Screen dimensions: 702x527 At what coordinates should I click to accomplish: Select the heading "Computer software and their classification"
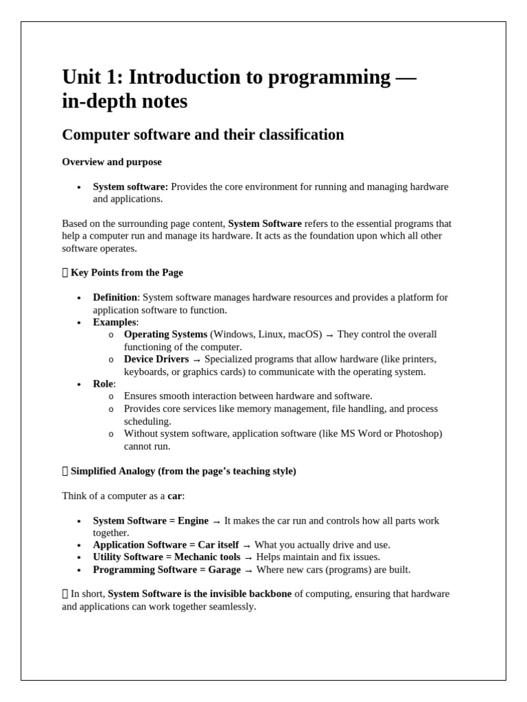click(202, 134)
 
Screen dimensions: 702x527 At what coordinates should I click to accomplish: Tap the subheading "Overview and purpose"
click(112, 162)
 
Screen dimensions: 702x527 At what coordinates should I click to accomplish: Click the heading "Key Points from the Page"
click(126, 272)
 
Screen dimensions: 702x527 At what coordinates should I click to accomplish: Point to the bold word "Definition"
click(115, 298)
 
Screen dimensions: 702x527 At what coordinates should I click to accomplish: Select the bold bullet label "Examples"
click(115, 322)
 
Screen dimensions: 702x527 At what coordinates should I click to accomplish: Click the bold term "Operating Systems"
click(165, 335)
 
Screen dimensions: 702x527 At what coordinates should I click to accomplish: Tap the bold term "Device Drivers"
click(156, 359)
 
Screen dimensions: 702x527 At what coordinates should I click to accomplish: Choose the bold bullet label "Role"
click(103, 384)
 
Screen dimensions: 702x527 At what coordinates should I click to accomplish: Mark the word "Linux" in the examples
click(272, 335)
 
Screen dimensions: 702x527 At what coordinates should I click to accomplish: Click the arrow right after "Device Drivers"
click(197, 360)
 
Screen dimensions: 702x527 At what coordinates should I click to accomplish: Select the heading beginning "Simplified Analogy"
click(183, 471)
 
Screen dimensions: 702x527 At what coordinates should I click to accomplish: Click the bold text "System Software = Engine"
click(150, 521)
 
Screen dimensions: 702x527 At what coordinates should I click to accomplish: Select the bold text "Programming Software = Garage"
click(167, 570)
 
